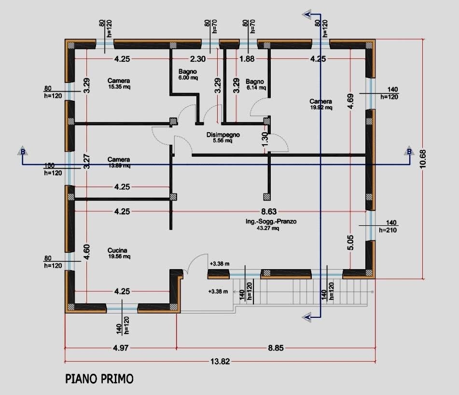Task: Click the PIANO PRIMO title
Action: pyautogui.click(x=99, y=379)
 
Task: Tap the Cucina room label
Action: pyautogui.click(x=118, y=250)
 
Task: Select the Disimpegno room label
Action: pyautogui.click(x=223, y=135)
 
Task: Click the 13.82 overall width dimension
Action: pyautogui.click(x=220, y=361)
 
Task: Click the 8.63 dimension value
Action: pyautogui.click(x=269, y=211)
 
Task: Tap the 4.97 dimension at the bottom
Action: pyautogui.click(x=121, y=348)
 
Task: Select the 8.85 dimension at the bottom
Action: pyautogui.click(x=276, y=348)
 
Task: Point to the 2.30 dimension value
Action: pyautogui.click(x=198, y=59)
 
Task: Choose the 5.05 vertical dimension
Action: pyautogui.click(x=351, y=241)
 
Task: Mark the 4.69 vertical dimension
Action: pyautogui.click(x=351, y=104)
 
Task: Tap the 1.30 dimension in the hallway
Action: pyautogui.click(x=264, y=139)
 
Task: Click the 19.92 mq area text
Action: pyautogui.click(x=321, y=108)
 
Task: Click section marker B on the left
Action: pyautogui.click(x=22, y=151)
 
